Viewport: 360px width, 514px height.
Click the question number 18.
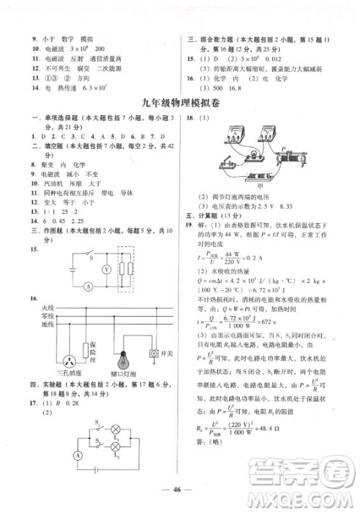tap(191, 116)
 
